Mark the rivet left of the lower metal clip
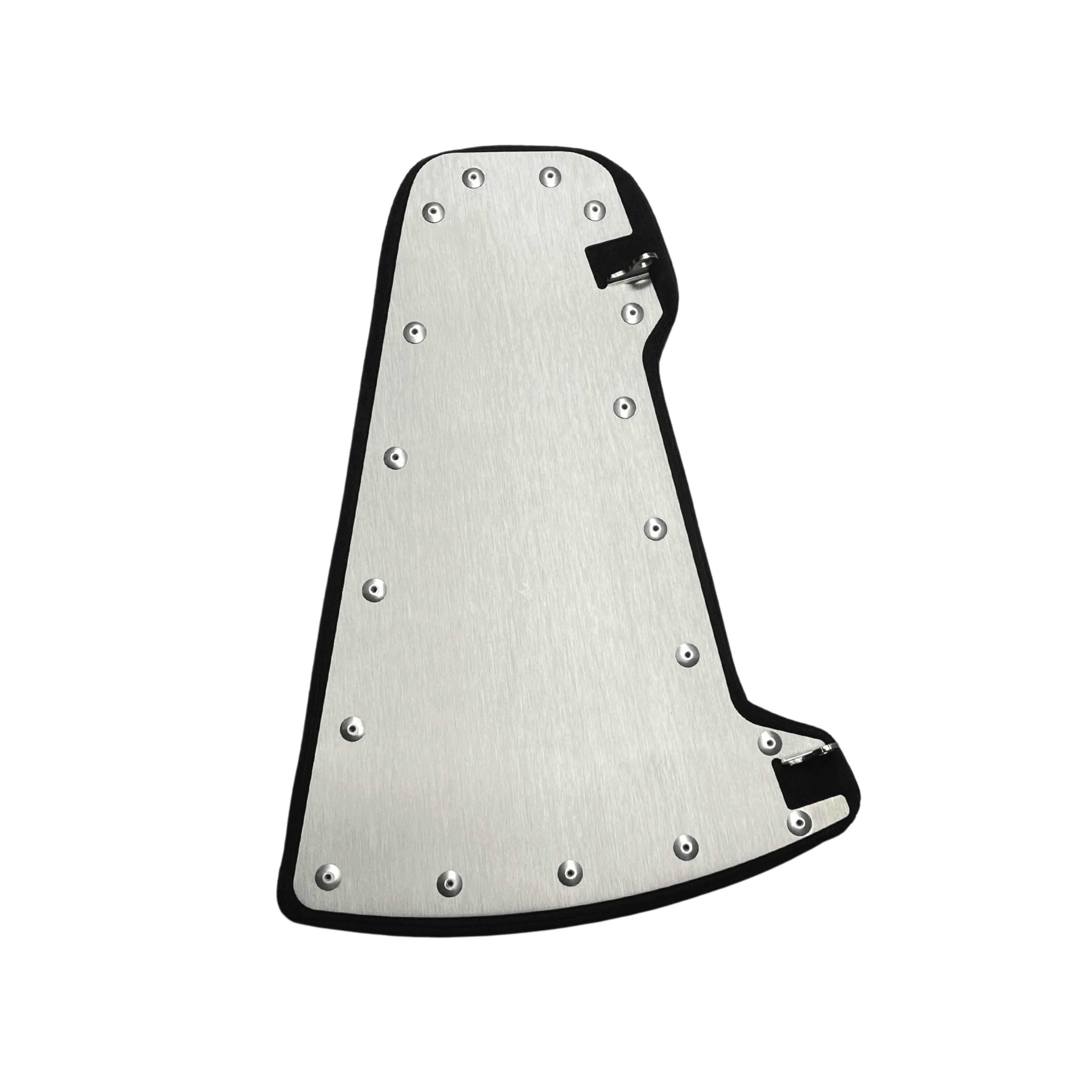(x=767, y=742)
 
